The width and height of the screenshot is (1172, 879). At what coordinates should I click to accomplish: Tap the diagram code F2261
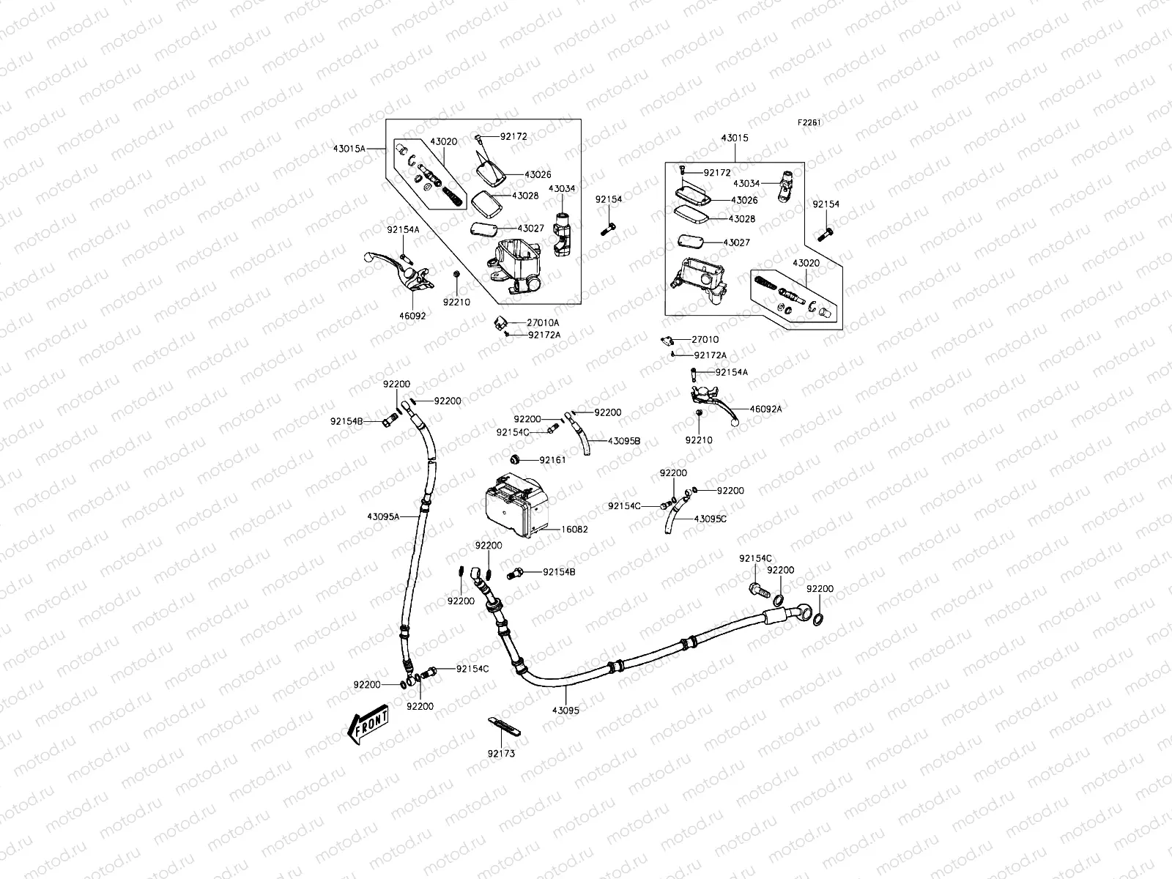click(809, 123)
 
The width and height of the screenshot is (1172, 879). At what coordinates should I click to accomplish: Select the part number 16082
click(575, 529)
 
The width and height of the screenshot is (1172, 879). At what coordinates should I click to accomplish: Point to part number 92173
click(501, 753)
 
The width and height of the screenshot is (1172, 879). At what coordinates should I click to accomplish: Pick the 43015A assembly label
click(349, 149)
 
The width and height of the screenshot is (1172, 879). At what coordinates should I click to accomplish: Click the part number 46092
click(412, 316)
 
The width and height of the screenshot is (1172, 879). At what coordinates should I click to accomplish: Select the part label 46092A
click(765, 409)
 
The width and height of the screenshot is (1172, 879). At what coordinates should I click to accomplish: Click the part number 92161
click(552, 460)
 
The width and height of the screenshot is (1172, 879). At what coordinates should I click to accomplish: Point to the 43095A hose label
click(383, 516)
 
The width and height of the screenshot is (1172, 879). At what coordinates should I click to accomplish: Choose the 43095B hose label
click(624, 441)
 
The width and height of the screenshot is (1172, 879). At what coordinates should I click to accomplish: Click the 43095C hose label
click(710, 519)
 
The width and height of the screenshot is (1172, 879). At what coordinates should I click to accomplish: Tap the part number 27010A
click(543, 322)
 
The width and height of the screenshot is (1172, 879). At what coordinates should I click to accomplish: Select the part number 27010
click(705, 339)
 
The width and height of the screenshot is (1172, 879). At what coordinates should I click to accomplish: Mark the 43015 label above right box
click(735, 138)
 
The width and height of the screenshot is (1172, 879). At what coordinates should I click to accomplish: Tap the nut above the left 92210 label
click(456, 274)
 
